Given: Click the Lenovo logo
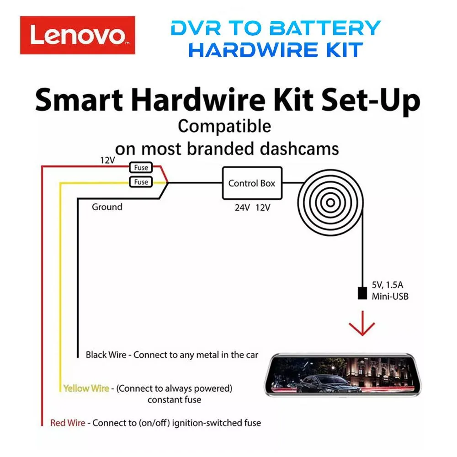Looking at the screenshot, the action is click(x=78, y=35).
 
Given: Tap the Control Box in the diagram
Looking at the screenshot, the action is click(x=252, y=183).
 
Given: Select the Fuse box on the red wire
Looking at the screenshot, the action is click(x=141, y=168).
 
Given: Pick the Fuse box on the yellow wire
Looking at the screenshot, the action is click(x=141, y=182).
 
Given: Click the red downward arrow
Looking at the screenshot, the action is click(x=362, y=324).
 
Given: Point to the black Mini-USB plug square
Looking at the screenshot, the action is click(x=362, y=293).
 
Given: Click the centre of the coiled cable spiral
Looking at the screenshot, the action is click(x=330, y=202).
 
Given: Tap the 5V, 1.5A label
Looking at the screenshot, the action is click(x=388, y=285).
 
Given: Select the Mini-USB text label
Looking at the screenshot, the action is click(x=390, y=297).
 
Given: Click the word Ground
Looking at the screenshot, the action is click(x=107, y=207).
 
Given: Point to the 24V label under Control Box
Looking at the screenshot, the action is click(x=242, y=207).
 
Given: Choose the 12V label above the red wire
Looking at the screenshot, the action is click(x=107, y=160).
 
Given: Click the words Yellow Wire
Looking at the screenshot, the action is click(x=86, y=388).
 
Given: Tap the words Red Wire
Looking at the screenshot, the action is click(x=68, y=423).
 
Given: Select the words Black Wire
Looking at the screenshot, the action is click(x=106, y=355).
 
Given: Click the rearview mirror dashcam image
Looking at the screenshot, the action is click(x=343, y=375).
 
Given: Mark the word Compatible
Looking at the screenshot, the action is click(x=224, y=127).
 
